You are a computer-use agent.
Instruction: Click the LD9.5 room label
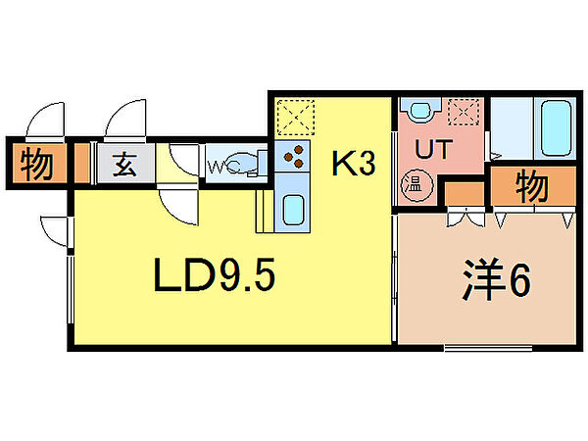click(214, 274)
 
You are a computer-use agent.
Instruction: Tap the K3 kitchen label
click(353, 164)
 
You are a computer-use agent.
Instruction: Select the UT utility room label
click(433, 149)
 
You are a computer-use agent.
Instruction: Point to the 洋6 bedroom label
click(496, 278)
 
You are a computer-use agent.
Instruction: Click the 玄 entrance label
click(125, 165)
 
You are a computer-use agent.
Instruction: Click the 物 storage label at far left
click(36, 164)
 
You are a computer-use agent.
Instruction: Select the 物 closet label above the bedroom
click(532, 186)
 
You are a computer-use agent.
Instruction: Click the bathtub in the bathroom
click(556, 126)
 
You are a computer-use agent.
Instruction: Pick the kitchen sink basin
click(293, 211)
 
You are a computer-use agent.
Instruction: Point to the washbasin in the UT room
click(420, 110)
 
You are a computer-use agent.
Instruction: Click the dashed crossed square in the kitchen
click(296, 118)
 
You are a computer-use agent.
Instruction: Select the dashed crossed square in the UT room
click(464, 112)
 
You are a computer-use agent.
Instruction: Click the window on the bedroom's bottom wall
click(488, 348)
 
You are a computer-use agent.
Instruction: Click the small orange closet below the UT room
click(465, 194)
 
